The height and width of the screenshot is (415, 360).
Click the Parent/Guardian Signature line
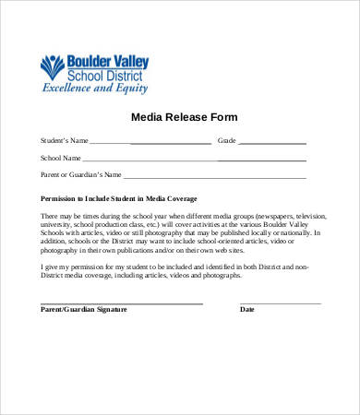click(121, 302)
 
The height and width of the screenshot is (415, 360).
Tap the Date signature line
click(281, 302)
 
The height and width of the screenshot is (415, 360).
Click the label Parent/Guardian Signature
click(84, 310)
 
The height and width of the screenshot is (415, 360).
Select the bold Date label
click(247, 310)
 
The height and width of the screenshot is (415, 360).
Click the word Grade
click(227, 141)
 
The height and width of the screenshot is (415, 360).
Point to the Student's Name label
click(65, 141)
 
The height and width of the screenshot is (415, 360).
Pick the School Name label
click(60, 158)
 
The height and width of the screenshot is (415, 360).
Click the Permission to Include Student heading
click(118, 198)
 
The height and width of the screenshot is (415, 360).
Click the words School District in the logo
click(106, 75)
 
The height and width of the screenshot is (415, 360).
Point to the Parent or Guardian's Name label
click(81, 174)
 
